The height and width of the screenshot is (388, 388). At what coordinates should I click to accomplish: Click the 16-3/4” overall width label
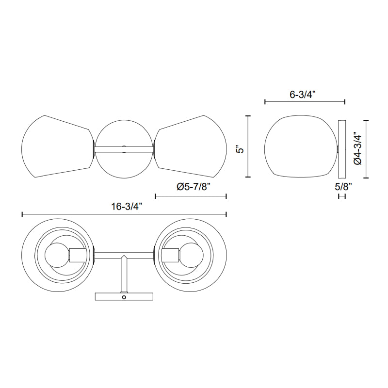127,207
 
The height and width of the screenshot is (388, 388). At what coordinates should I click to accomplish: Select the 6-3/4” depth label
303,95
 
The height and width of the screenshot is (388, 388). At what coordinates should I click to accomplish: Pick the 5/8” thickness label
343,187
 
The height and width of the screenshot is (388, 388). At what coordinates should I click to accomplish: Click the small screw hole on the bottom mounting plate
124,297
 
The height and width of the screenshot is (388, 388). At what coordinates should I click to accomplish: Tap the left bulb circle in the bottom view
57,255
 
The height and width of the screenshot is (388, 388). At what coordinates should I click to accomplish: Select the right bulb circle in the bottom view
191,255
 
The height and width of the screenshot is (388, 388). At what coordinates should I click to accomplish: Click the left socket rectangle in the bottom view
78,255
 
